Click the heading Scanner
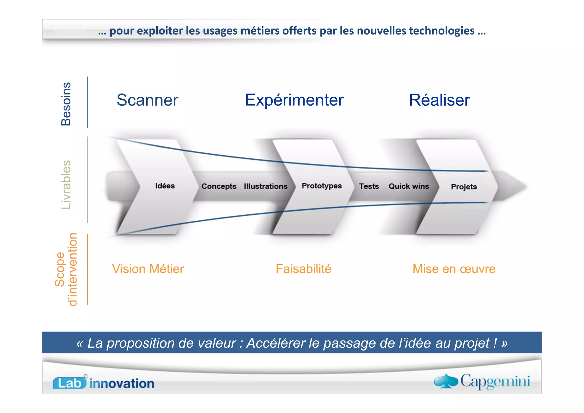click(147, 100)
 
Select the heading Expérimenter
click(294, 100)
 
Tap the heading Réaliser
click(439, 100)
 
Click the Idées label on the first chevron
click(165, 186)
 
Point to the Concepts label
click(219, 186)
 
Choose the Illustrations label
click(265, 186)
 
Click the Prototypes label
click(322, 186)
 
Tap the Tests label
click(369, 186)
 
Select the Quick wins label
click(409, 186)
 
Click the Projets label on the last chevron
click(464, 187)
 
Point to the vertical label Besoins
click(66, 104)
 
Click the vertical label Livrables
click(66, 185)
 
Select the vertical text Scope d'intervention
click(66, 269)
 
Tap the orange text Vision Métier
click(148, 269)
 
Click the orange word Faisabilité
click(303, 269)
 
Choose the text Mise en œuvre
click(454, 269)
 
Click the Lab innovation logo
click(103, 382)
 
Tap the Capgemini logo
click(482, 381)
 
